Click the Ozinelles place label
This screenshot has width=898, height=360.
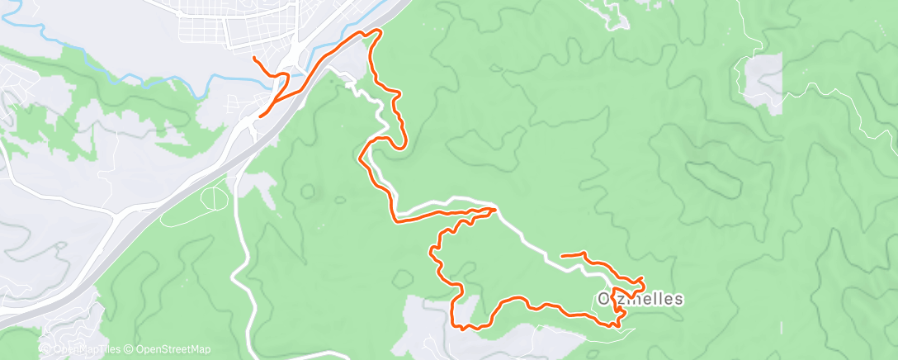point(640,298)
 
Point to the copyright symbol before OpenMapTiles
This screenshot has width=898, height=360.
point(46,349)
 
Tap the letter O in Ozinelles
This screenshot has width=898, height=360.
point(603,298)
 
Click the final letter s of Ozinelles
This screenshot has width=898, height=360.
point(678,298)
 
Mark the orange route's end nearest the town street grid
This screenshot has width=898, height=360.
point(253,57)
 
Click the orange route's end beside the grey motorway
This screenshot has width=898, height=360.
point(261,116)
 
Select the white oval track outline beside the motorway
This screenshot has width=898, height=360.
point(214,198)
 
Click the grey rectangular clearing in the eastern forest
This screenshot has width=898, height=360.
point(763,83)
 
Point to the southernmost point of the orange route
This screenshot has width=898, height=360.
point(465,329)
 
